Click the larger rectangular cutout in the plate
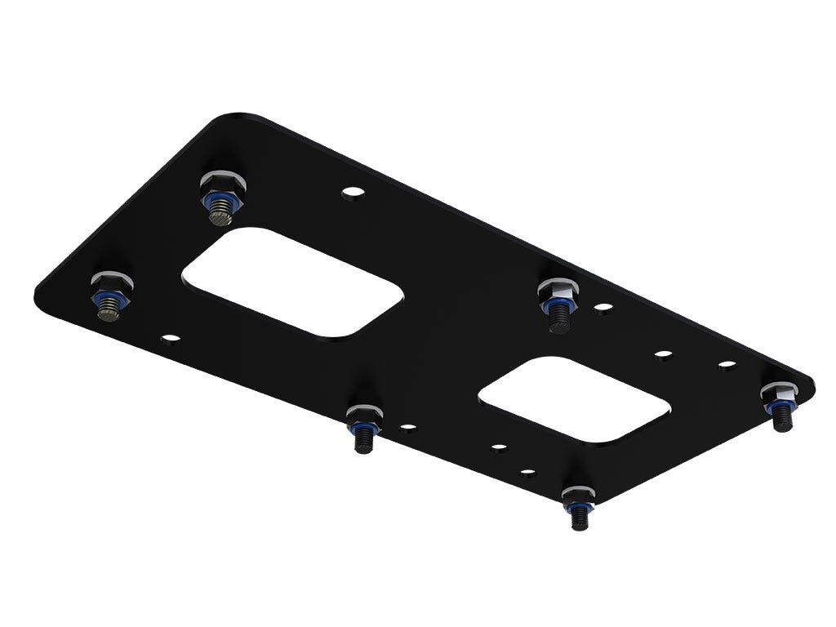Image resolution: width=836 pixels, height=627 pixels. point(291,281)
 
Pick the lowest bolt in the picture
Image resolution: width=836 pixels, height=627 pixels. point(577,506)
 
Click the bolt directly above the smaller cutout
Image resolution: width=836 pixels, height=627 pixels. point(558,301)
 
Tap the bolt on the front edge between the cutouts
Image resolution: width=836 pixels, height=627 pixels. point(362,425)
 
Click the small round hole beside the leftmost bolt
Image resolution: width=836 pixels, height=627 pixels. point(170,336)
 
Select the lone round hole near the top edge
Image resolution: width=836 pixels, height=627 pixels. point(353,193)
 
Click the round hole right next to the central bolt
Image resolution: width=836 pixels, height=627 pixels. point(603,308)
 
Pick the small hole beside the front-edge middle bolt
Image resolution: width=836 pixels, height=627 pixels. point(407,426)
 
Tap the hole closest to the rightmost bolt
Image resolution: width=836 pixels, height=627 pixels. point(727,365)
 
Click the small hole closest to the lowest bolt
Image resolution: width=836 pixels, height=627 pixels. point(527,471)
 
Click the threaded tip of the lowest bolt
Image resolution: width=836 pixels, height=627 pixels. point(579,522)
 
